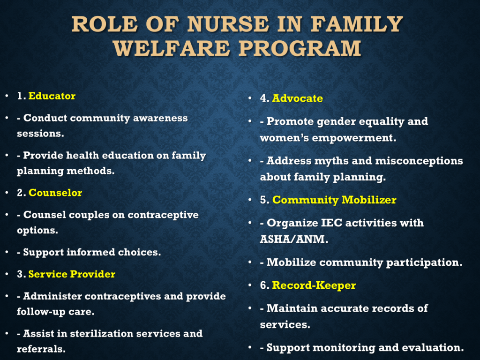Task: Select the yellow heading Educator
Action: tap(52, 96)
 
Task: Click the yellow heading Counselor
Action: tap(55, 193)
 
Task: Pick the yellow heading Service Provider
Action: tap(72, 274)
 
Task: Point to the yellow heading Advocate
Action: tap(297, 98)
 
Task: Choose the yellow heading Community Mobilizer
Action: tap(334, 200)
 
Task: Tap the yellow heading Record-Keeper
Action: tap(314, 285)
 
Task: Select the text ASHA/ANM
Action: tap(294, 239)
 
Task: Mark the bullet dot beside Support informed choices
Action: tap(7, 252)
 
